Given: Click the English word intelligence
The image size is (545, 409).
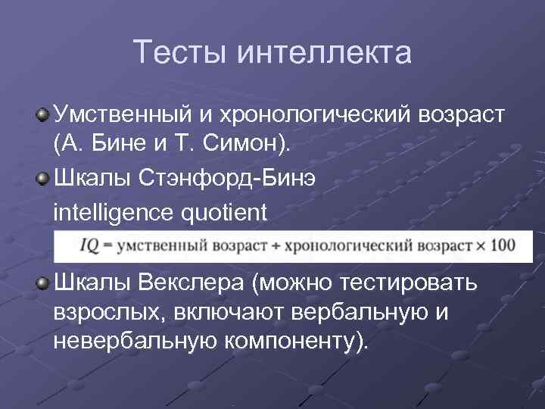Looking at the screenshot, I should coord(111,212).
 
